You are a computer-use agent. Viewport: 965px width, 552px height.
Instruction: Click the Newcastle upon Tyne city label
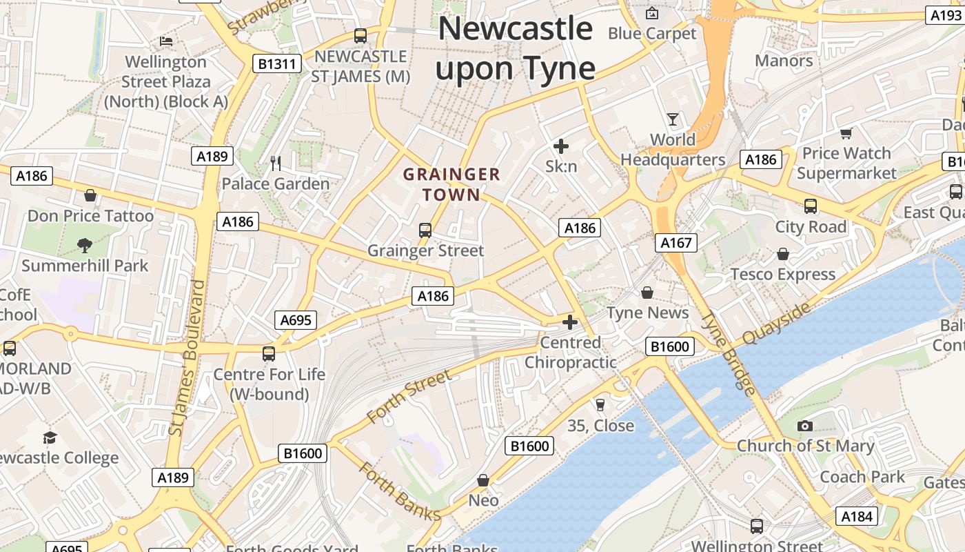tap(516, 48)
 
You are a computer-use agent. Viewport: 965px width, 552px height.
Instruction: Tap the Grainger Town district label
tap(451, 184)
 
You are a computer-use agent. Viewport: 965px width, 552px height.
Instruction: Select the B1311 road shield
tap(277, 64)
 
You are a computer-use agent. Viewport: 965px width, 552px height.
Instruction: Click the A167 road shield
tap(675, 243)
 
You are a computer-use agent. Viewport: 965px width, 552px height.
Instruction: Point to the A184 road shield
tap(857, 516)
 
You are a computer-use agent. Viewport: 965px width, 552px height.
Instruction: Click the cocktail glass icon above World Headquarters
tap(673, 119)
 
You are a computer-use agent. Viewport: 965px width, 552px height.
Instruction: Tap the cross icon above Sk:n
tap(561, 146)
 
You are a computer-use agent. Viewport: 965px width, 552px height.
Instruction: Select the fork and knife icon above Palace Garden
tap(276, 164)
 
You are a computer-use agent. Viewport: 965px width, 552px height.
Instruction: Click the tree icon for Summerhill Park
tap(85, 245)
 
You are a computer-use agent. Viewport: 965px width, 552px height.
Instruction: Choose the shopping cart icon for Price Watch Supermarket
tap(846, 133)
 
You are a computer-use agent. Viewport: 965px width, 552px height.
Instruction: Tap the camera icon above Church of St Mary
tap(804, 426)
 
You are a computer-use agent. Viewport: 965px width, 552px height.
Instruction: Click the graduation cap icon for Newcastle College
tap(50, 437)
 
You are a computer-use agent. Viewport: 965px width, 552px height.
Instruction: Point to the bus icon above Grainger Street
tap(425, 230)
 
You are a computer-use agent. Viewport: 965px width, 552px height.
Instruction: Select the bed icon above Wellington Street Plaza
tap(166, 41)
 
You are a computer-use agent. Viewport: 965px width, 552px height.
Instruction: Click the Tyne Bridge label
tap(729, 353)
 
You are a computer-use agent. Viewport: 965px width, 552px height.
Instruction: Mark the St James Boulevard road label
tap(187, 357)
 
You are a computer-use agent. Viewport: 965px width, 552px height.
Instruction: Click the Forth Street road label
tap(409, 396)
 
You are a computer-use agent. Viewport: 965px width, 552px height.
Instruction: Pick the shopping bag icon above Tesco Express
tap(783, 254)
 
